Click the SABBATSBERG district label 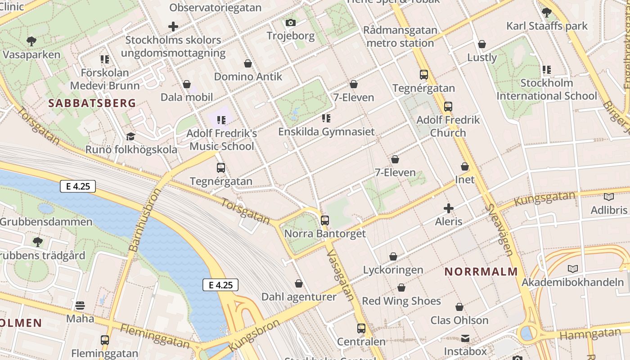pyautogui.click(x=92, y=103)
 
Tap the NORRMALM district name pyautogui.click(x=481, y=272)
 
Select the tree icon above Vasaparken pyautogui.click(x=31, y=41)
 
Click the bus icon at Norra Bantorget pyautogui.click(x=324, y=220)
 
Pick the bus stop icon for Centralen pyautogui.click(x=361, y=328)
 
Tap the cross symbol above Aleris pyautogui.click(x=449, y=208)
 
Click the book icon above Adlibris pyautogui.click(x=608, y=197)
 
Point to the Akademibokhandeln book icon pyautogui.click(x=572, y=269)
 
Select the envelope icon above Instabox pyautogui.click(x=465, y=338)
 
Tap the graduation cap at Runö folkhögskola pyautogui.click(x=131, y=136)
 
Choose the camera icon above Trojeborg pyautogui.click(x=290, y=22)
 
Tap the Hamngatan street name pyautogui.click(x=590, y=335)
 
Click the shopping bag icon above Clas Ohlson pyautogui.click(x=459, y=307)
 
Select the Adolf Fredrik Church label pyautogui.click(x=448, y=126)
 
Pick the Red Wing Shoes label pyautogui.click(x=401, y=301)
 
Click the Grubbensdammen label pyautogui.click(x=46, y=222)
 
